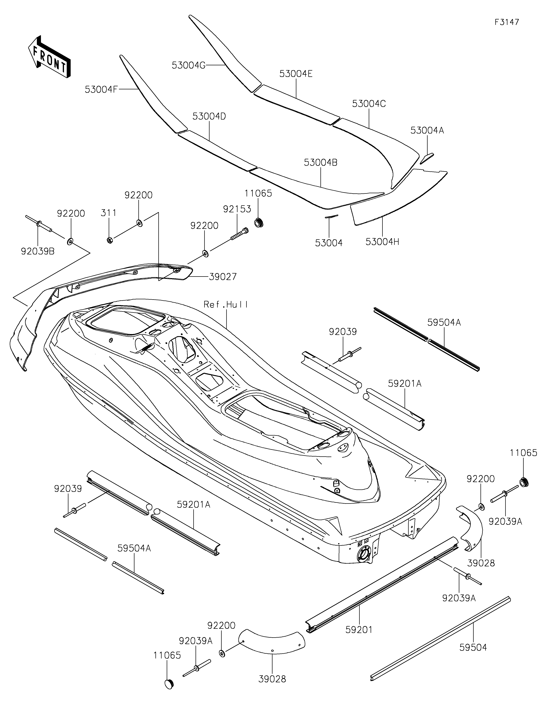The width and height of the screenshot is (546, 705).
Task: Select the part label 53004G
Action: click(x=189, y=65)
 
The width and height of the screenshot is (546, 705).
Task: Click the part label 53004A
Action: click(x=427, y=130)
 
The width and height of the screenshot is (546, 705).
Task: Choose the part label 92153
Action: click(x=237, y=209)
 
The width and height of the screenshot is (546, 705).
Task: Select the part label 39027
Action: click(x=223, y=277)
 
